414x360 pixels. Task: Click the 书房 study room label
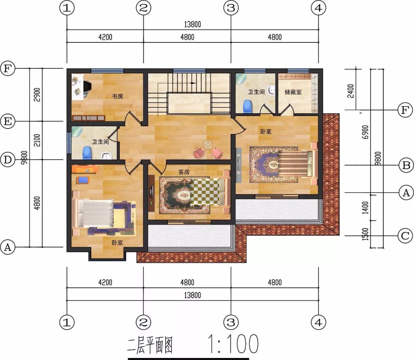point(118,96)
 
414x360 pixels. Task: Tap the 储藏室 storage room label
point(293,92)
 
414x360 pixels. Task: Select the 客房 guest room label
point(184,172)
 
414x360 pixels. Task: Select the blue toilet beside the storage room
point(247,106)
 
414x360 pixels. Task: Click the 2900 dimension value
point(37,95)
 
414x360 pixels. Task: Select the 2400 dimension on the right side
point(350,91)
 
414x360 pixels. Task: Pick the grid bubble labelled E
point(8,122)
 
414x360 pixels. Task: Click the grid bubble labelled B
point(406,165)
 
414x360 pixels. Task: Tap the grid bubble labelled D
point(8,160)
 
